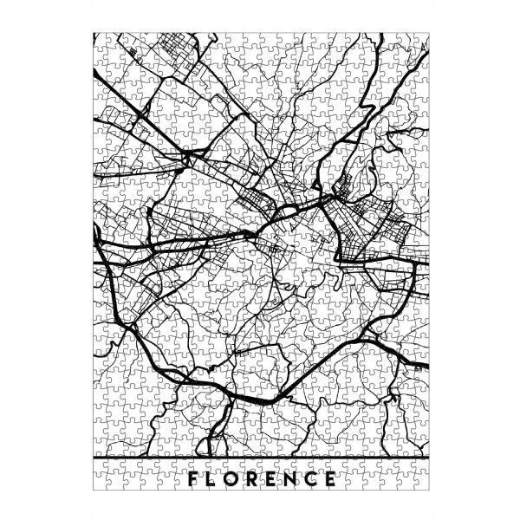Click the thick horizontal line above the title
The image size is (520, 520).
[x=260, y=456]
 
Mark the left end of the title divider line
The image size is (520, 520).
[x=94, y=456]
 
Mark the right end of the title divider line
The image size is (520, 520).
[x=428, y=456]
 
